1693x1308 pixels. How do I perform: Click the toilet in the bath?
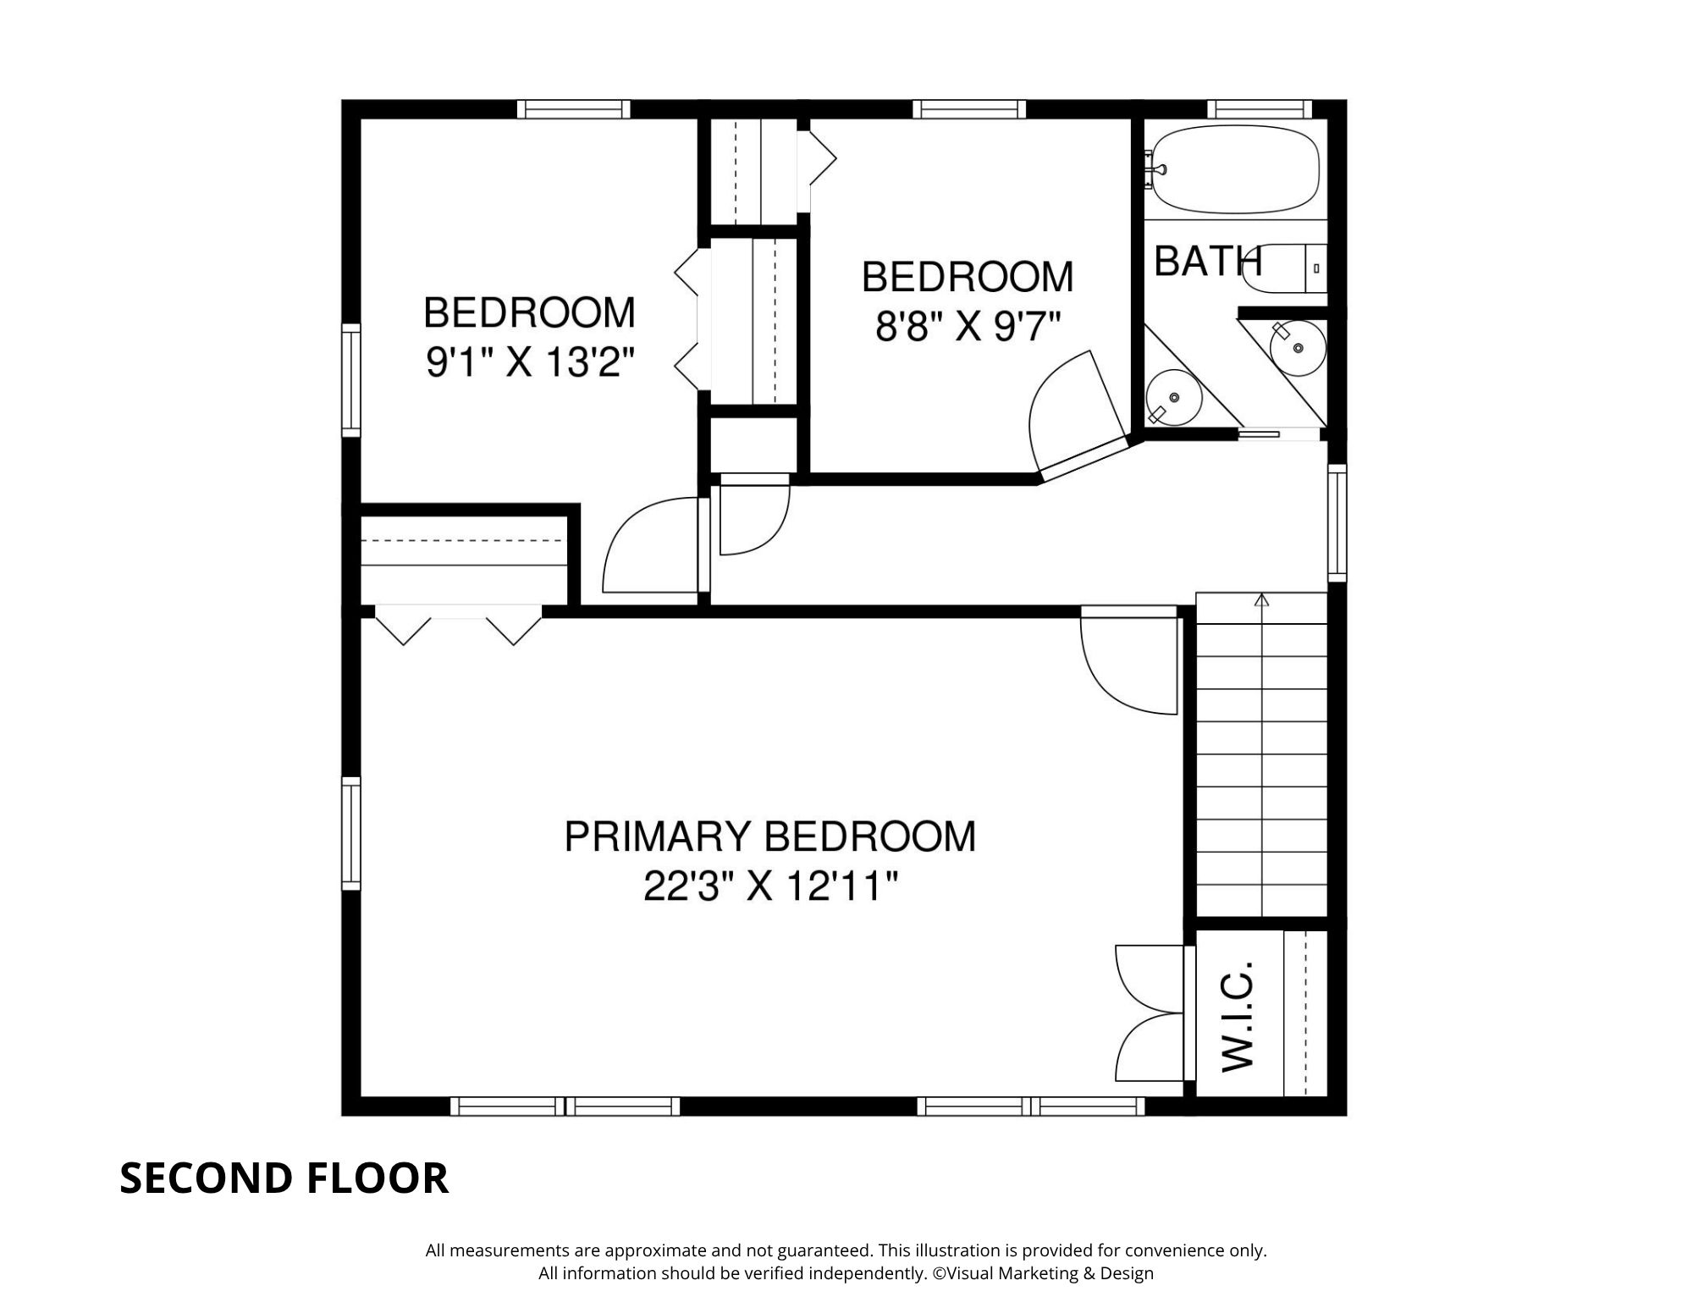(1291, 268)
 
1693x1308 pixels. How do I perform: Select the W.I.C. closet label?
(1238, 1015)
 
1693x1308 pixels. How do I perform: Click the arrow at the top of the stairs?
(1262, 601)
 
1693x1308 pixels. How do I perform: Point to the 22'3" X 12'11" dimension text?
(769, 887)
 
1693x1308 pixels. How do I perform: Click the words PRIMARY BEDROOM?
(769, 836)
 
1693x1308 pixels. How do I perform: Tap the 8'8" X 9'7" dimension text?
(967, 326)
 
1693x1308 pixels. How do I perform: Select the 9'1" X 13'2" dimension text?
(529, 363)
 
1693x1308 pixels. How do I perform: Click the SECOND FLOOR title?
(284, 1178)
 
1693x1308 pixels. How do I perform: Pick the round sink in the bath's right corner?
(1297, 347)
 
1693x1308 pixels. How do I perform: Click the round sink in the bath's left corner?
(1173, 397)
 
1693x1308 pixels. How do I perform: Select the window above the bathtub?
(1259, 109)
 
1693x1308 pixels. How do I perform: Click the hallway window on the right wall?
(1336, 522)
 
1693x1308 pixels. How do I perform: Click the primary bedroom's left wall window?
(350, 833)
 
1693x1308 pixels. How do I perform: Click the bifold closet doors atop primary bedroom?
(458, 625)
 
